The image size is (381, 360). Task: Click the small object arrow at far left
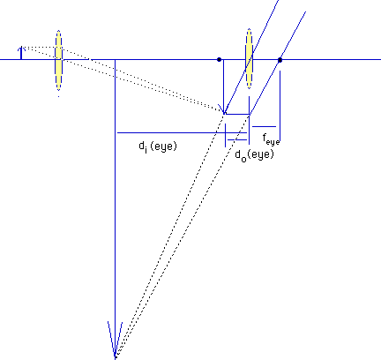coord(21,53)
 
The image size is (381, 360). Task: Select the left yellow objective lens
coord(59,60)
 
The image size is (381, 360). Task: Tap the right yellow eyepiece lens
coord(250,58)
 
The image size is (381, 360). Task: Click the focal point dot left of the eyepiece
coord(219,60)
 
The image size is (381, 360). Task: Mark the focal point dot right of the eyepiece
coord(280,60)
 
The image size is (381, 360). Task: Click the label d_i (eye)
coord(158,146)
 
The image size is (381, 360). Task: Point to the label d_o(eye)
coord(254,155)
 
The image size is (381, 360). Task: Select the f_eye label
coord(271,139)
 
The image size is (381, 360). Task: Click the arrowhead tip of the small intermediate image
coord(224,113)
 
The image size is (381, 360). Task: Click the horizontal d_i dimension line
coord(182,133)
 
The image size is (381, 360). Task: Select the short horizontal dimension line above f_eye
coord(264,127)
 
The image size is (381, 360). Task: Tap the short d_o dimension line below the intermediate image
coord(237,139)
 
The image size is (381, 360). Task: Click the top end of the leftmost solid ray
coord(279,1)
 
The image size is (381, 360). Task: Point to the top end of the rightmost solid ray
coord(305,11)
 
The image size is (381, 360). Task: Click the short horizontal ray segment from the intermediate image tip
coord(237,114)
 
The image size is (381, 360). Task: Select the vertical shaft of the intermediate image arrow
coord(224,86)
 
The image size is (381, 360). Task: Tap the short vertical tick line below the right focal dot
coord(280,106)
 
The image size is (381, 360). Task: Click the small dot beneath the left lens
coord(59,96)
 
